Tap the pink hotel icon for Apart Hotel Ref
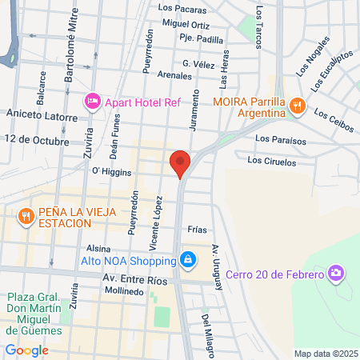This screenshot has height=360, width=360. tap(92, 102)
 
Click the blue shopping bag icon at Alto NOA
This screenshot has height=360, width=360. tap(187, 260)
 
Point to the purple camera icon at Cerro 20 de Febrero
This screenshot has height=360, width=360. tap(337, 274)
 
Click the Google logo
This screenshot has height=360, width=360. tap(27, 350)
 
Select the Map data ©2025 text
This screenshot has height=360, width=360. tap(325, 354)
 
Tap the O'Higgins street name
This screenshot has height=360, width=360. tap(106, 170)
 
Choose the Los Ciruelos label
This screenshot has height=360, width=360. tap(271, 162)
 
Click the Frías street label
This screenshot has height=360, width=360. tap(197, 229)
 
